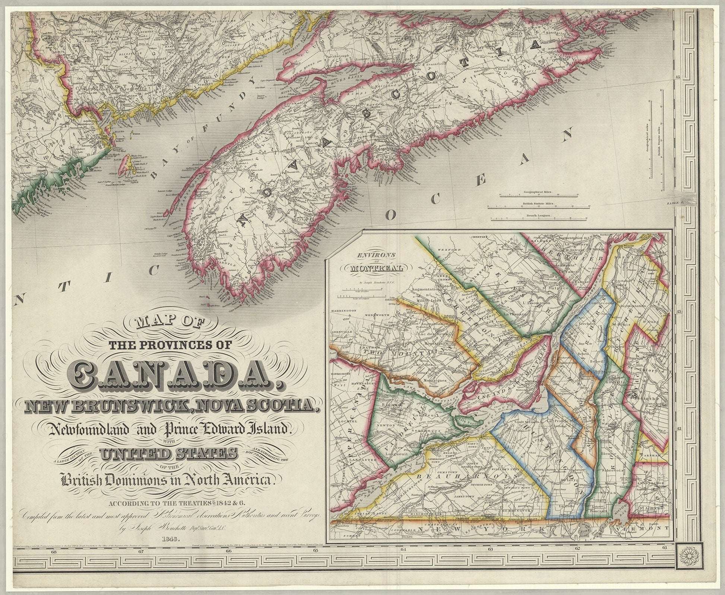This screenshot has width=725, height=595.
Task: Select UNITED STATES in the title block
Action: point(168,455)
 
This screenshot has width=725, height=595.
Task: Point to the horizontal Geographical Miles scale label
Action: point(538,192)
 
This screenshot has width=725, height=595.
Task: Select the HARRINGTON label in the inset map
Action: point(343,310)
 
